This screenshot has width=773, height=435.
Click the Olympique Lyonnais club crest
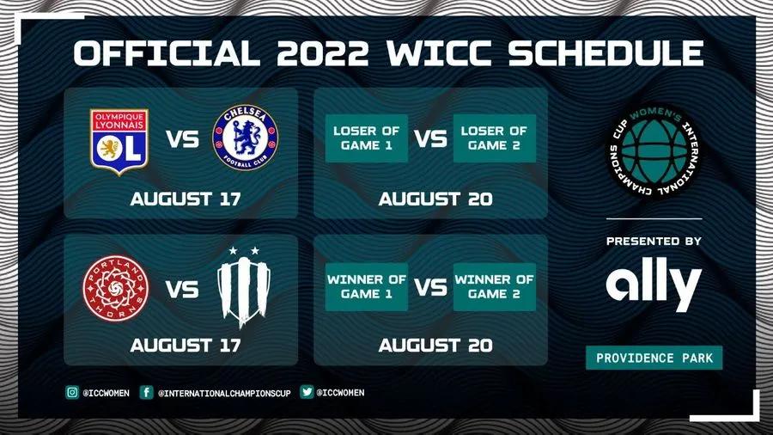[x=119, y=142]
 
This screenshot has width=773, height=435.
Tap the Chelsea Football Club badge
[x=245, y=138]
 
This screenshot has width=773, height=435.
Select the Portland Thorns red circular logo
[x=116, y=288]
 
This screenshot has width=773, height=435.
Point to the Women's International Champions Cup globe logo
[x=654, y=151]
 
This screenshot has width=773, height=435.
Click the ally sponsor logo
[x=654, y=284]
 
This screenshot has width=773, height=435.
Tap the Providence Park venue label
[x=654, y=358]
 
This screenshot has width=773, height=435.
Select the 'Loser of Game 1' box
[x=366, y=138]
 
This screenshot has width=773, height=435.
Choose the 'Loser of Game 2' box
[x=495, y=138]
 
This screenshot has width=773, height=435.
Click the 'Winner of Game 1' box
[x=366, y=286]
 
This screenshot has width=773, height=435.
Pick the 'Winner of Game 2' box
[x=495, y=286]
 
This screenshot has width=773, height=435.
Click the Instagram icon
[x=72, y=392]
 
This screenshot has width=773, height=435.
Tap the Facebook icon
[x=146, y=392]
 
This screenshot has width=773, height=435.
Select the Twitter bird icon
[x=307, y=392]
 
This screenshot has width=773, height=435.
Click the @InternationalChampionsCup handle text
[x=224, y=393]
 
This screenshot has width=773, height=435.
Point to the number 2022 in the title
[x=322, y=52]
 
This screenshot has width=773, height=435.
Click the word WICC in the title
[x=439, y=52]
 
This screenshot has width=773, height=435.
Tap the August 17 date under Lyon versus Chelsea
[x=186, y=199]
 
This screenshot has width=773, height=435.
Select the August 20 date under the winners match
[x=435, y=346]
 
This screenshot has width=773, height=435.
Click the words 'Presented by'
[x=654, y=242]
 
